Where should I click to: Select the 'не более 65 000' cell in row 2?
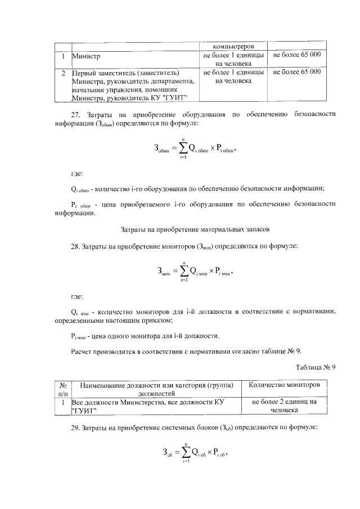click(296, 73)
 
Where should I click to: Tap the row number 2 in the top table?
click(64, 73)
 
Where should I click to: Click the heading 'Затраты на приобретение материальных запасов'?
click(196, 229)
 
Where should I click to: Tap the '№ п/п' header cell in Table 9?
click(63, 389)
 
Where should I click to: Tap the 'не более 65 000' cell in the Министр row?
click(296, 55)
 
